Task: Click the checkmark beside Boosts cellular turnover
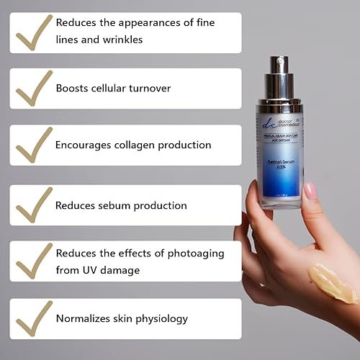[x=33, y=89]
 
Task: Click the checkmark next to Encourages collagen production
[x=33, y=146]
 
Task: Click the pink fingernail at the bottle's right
[x=311, y=190]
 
